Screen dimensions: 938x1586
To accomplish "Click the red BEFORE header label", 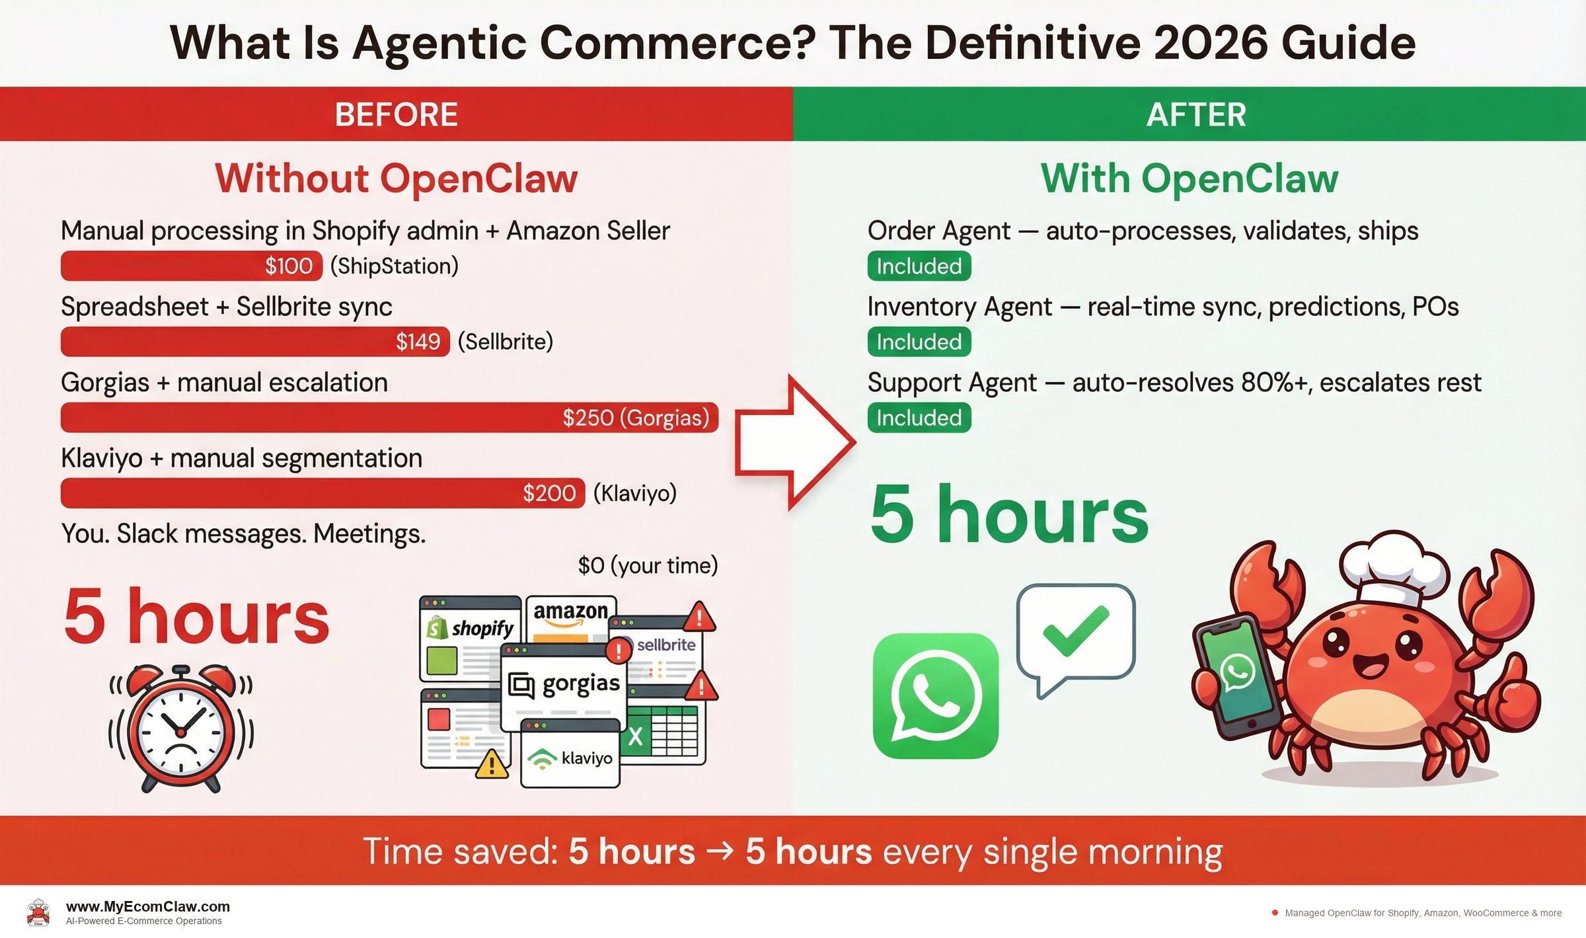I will click(396, 114).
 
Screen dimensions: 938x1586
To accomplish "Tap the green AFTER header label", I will click(1195, 114).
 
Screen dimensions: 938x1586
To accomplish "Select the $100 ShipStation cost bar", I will click(191, 266).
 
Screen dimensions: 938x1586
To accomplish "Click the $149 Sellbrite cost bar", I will click(254, 342).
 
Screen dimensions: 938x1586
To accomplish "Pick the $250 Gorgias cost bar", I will click(389, 418).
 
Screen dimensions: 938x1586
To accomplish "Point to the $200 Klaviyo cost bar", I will click(322, 493).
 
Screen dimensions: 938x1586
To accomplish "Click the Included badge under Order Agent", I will click(919, 266).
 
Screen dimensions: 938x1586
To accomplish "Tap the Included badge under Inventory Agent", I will click(919, 342).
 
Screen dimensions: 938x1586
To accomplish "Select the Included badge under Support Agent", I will click(919, 418).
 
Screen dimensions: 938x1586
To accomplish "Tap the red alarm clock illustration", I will click(180, 727).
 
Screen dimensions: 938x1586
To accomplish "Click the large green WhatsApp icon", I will click(935, 695).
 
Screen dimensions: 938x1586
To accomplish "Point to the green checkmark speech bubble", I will click(1075, 633).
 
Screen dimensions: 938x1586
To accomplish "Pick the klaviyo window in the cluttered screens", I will click(570, 756).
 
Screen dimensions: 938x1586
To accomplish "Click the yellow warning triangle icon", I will click(492, 764).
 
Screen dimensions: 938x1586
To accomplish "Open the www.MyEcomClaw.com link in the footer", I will click(148, 906).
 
